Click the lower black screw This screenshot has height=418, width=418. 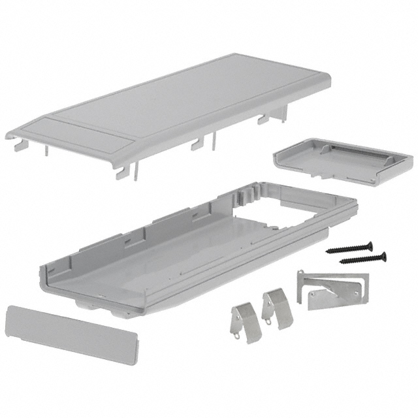point(362,258)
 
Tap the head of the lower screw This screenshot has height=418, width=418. point(381,255)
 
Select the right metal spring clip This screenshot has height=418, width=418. point(276,308)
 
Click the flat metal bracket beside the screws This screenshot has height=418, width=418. point(330,287)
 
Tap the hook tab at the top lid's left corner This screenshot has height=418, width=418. point(20,138)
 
